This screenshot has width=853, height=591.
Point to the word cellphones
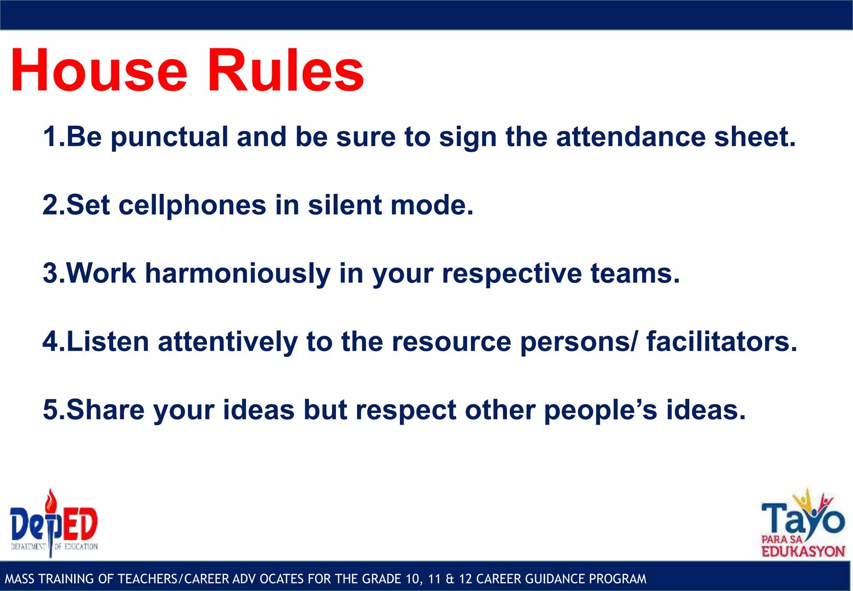coord(192,205)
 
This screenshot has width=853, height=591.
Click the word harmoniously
coord(237,274)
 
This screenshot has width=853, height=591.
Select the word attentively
coord(228,342)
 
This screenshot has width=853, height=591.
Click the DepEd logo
coord(54,527)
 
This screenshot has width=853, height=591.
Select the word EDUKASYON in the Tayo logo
coord(803,551)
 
